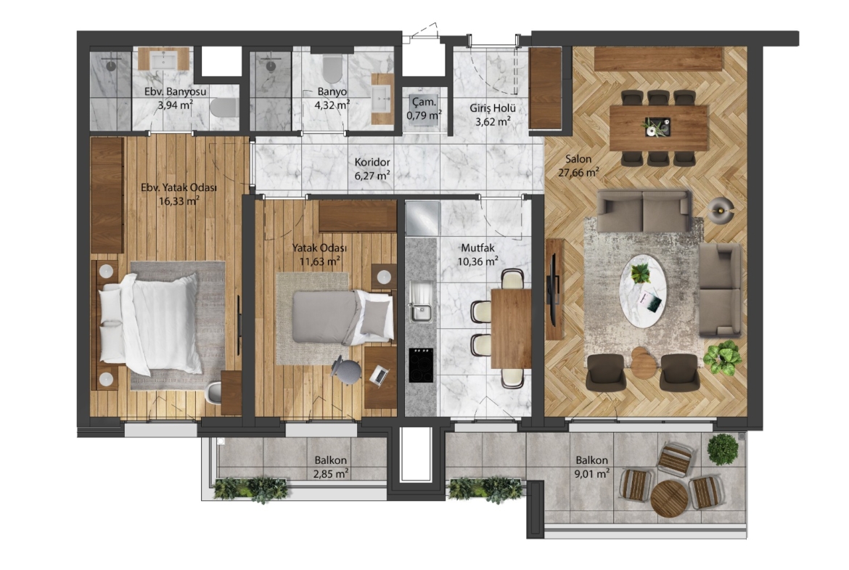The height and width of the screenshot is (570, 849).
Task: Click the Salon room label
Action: pos(578,159)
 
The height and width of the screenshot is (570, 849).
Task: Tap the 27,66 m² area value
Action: pos(578,172)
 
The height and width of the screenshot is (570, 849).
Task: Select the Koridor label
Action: pos(372,162)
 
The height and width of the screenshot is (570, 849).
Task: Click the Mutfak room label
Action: pos(477,248)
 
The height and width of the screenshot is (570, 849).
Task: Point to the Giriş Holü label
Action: pos(492,108)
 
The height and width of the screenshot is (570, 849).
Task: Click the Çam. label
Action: pos(424,102)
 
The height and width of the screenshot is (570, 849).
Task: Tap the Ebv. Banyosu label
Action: pos(176,91)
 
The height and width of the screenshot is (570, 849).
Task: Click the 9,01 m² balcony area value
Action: pos(592,473)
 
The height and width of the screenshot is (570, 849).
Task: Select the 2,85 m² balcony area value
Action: pos(330,473)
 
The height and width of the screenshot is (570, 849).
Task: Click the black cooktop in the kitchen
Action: pos(422,365)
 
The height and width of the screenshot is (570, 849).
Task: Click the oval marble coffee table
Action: pos(643,291)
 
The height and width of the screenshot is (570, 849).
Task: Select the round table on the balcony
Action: pos(669,499)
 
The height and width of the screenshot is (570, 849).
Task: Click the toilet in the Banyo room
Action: pos(332,68)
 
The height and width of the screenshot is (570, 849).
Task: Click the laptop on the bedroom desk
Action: pos(380,375)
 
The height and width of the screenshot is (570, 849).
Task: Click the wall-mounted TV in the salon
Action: pos(554,290)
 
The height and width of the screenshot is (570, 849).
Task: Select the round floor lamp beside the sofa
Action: pos(721,209)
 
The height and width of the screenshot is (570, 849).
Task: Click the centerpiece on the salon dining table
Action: pos(658,127)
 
